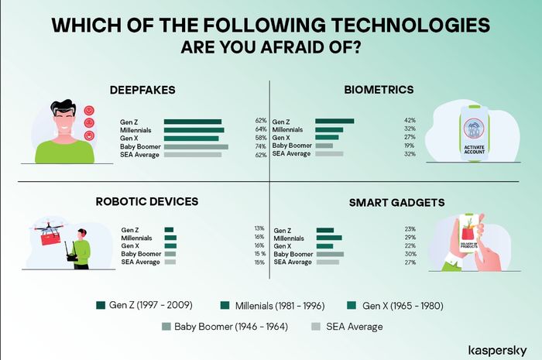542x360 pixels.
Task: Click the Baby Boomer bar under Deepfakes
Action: (196, 147)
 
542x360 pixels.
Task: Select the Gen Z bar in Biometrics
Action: (334, 122)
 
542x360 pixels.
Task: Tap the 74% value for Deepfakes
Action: (261, 146)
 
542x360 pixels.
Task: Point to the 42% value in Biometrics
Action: (410, 121)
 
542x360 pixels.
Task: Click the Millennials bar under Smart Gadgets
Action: (329, 238)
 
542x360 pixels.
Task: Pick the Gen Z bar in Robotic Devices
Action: (169, 230)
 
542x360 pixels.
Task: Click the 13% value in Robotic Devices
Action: (259, 228)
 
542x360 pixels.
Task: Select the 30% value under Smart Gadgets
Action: (410, 254)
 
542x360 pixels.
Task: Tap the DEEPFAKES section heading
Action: (142, 90)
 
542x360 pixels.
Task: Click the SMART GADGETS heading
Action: (396, 203)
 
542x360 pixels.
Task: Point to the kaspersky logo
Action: (497, 351)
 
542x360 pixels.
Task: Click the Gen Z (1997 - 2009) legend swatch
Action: (101, 305)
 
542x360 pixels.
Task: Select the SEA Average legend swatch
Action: (316, 327)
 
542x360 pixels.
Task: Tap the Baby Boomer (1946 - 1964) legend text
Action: (231, 327)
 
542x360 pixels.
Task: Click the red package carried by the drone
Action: (51, 238)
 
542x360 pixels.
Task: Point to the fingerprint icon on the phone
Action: (474, 129)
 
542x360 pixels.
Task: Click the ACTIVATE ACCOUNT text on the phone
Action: (474, 149)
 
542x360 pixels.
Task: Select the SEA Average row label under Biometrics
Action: (291, 154)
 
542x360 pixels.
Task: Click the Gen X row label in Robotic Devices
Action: (130, 246)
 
